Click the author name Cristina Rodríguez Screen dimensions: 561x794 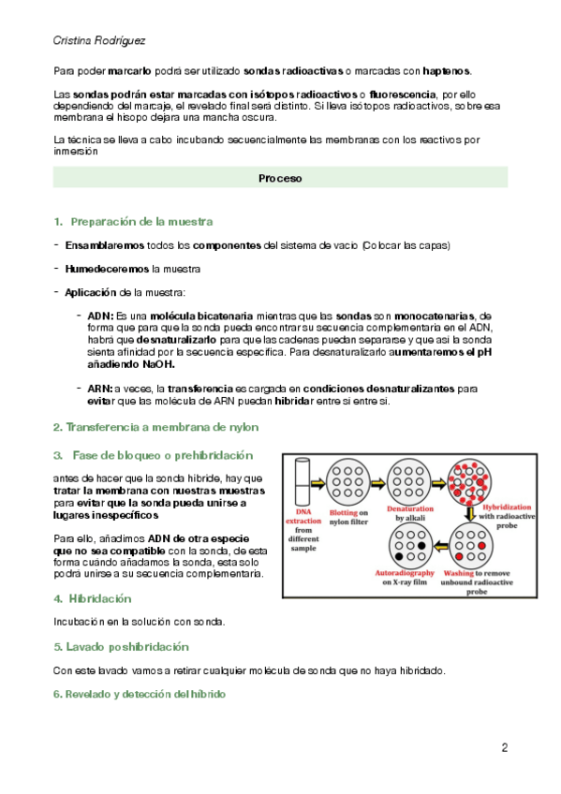[99, 40]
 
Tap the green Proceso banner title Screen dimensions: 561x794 [280, 178]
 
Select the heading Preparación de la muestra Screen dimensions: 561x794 [141, 222]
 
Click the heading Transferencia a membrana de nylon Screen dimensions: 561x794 [162, 427]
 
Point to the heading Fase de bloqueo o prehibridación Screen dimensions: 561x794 [163, 455]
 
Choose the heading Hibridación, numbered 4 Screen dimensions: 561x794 [100, 598]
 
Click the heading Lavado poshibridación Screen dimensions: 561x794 [127, 647]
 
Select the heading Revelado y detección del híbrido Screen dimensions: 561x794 [145, 694]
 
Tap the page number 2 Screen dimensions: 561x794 [504, 747]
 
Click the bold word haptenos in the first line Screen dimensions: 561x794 [446, 71]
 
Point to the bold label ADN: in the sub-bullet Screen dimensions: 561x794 [100, 316]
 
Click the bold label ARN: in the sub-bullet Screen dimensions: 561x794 [100, 389]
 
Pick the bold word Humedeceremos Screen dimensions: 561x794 [107, 269]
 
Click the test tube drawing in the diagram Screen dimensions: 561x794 [303, 481]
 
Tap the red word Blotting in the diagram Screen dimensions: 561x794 [344, 512]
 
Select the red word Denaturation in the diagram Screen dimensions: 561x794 [410, 508]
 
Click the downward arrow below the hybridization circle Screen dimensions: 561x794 [470, 513]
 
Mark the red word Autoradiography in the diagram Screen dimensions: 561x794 [405, 573]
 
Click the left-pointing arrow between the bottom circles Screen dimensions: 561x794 [441, 546]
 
